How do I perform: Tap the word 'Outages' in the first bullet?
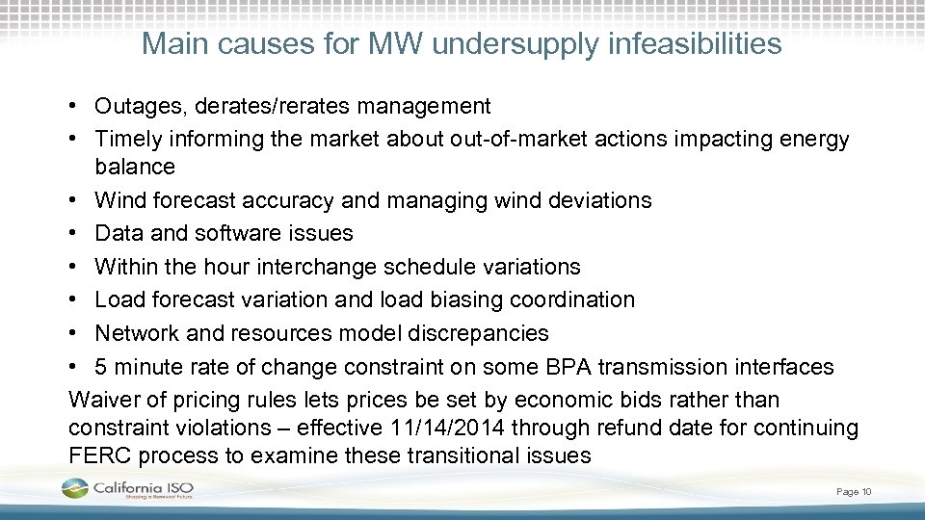(135, 106)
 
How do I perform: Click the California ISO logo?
(130, 490)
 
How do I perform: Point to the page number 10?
(866, 492)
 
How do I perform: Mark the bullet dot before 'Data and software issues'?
(75, 233)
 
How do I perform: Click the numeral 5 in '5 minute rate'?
(101, 367)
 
